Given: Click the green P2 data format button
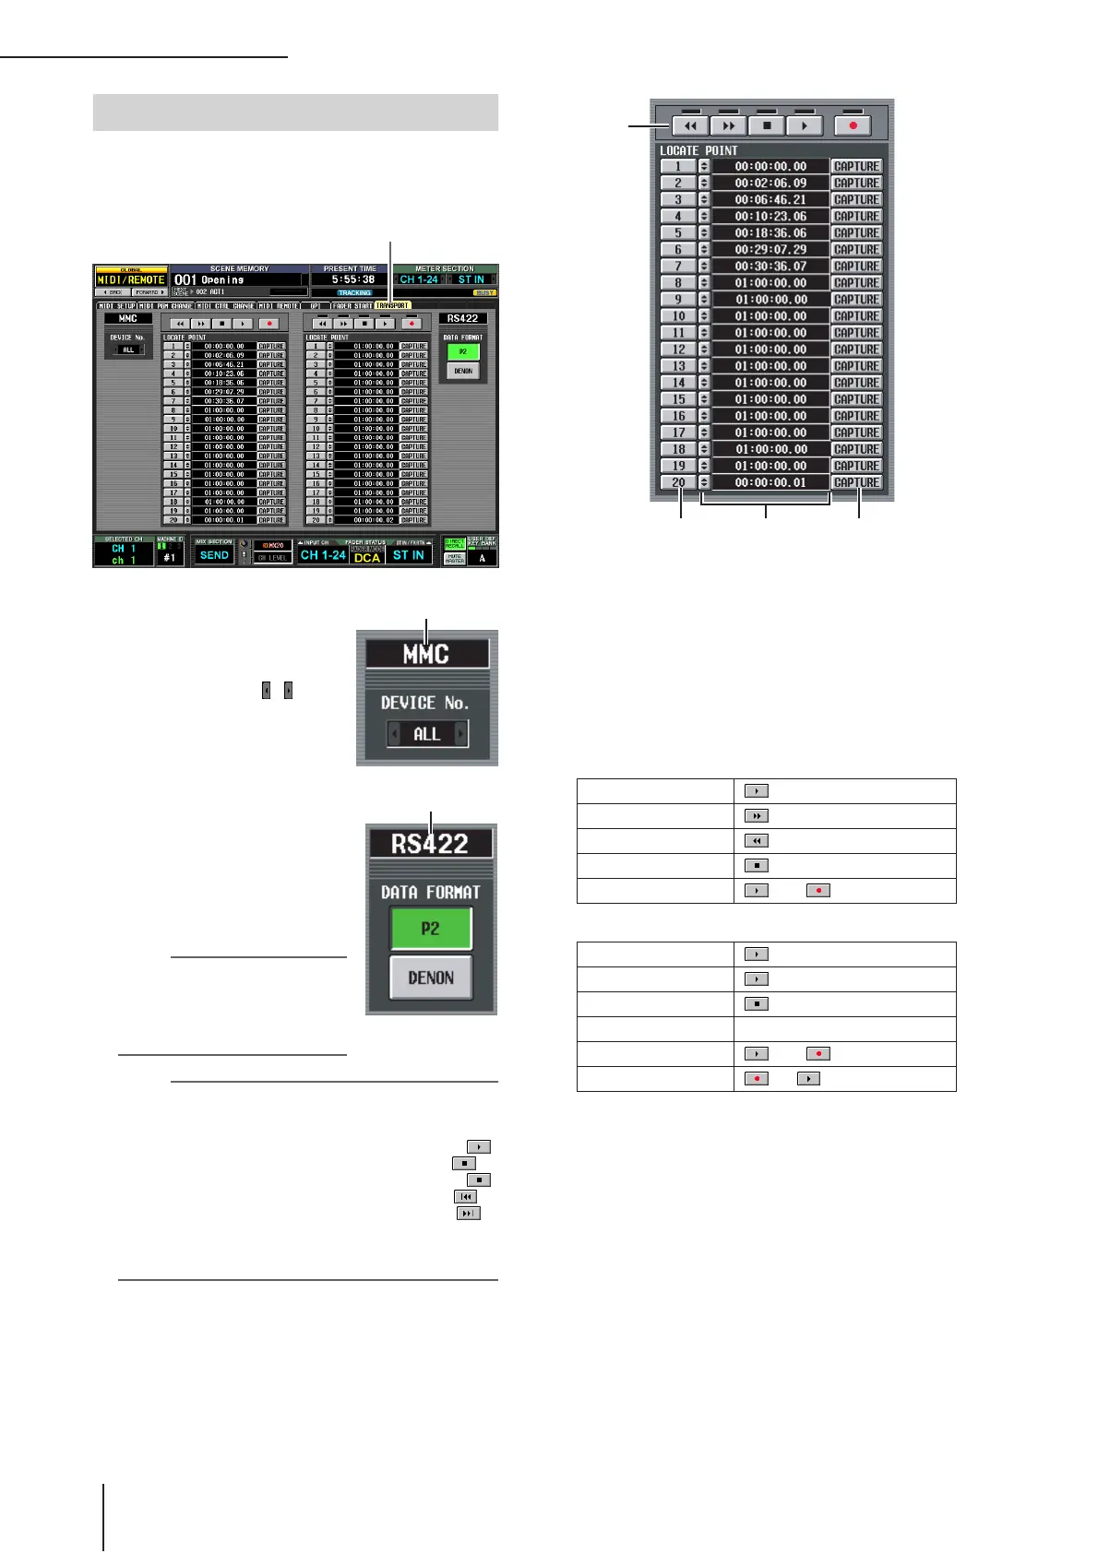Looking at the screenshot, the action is click(431, 929).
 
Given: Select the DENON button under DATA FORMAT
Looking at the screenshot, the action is click(431, 978).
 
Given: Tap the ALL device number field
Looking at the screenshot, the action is click(426, 734).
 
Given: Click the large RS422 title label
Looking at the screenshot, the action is click(430, 844).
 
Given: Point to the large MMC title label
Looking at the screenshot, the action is click(426, 655).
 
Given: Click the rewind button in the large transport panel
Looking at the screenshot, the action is click(690, 125).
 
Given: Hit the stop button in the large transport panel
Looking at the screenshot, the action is click(767, 125).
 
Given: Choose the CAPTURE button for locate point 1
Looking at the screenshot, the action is click(856, 166).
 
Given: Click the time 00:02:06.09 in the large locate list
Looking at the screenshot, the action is click(770, 183).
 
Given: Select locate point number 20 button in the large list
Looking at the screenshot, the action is click(678, 482).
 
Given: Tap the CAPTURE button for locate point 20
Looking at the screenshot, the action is click(856, 482).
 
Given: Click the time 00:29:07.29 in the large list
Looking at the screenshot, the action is click(770, 249).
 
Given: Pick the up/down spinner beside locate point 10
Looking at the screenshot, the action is click(704, 316).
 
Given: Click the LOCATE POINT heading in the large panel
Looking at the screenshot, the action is click(698, 150).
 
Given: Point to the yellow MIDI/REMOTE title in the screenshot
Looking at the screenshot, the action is click(132, 279).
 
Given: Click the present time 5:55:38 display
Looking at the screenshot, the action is click(352, 279).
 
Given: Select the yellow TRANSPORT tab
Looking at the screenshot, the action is click(392, 305).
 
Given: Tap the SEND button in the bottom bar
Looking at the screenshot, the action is click(214, 555).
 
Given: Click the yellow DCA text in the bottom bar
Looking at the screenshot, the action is click(367, 558).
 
